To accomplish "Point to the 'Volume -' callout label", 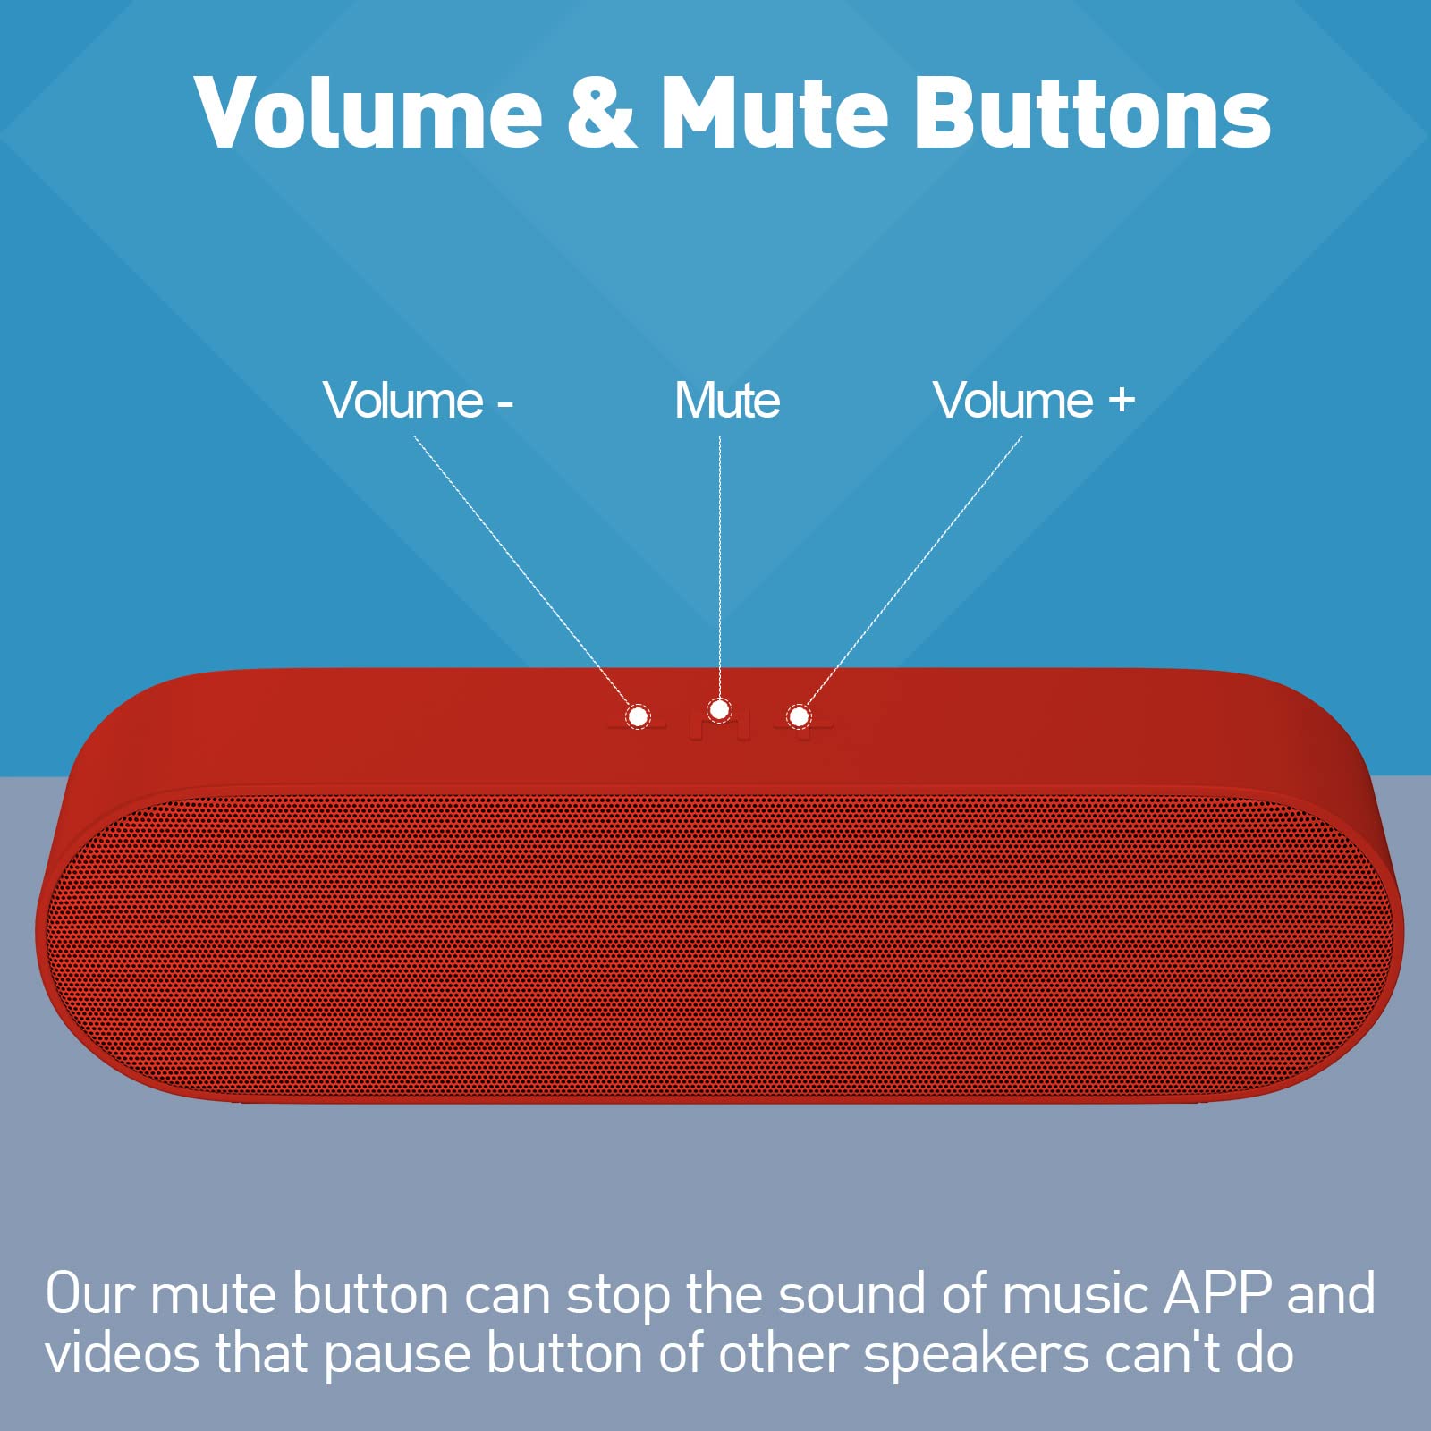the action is click(418, 400).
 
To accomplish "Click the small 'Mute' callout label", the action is click(727, 400).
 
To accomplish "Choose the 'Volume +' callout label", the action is click(1034, 400).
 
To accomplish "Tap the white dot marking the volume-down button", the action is click(638, 716).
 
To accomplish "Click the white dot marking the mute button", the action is click(719, 710).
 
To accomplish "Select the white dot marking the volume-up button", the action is click(799, 716).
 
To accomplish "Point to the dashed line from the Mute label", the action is click(720, 567).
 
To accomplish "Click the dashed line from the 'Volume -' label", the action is click(521, 571).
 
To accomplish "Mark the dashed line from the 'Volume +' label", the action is click(914, 571).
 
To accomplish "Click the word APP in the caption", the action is click(1217, 1293).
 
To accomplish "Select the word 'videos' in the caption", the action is click(122, 1352).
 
